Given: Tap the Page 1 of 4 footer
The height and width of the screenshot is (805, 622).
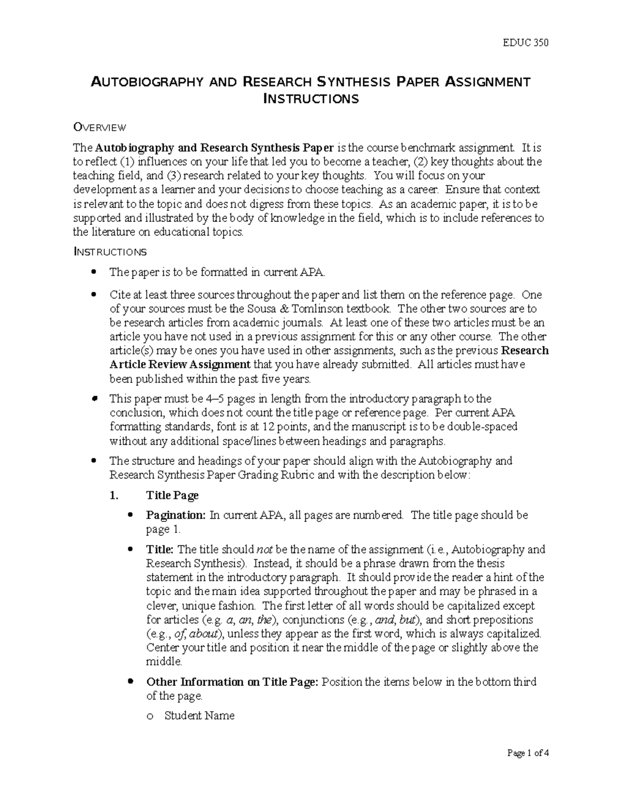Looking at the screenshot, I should tap(528, 754).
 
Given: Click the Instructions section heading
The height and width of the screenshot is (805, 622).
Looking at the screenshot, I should tap(110, 252).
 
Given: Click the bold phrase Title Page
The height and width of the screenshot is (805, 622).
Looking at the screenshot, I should tap(172, 496).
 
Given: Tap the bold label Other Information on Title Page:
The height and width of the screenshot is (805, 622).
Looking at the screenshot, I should tap(232, 682).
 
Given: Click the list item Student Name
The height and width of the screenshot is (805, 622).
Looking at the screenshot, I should tap(199, 716).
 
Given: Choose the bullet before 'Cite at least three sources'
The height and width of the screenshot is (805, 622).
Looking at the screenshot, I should tap(93, 295).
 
